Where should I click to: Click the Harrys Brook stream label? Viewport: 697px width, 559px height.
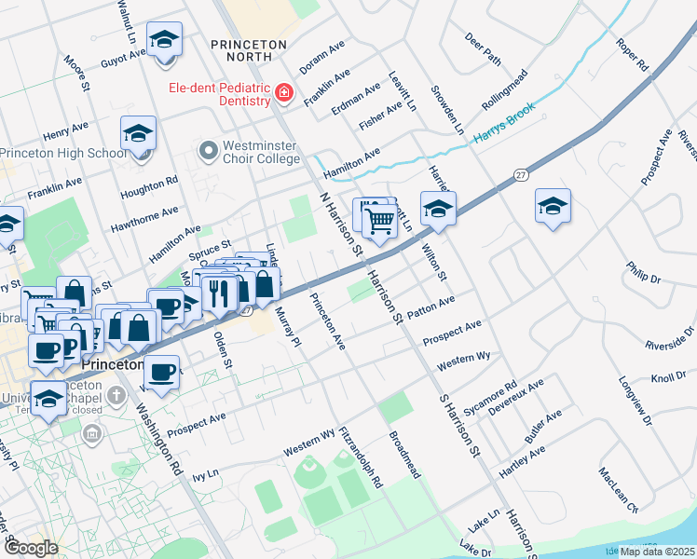pos(506,124)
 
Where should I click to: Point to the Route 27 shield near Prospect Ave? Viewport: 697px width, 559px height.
pos(521,175)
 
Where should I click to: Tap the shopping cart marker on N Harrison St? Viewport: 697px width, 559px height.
pos(379,223)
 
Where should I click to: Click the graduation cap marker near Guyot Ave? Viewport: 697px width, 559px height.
pos(165,40)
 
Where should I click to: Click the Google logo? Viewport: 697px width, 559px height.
pos(31,548)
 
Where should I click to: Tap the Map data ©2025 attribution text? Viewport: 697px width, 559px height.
pos(657,551)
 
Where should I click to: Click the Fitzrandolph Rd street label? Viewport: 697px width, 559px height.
pos(362,458)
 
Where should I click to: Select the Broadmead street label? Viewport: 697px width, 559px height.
pos(404,455)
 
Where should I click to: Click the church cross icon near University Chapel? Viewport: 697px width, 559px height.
pos(116,396)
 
